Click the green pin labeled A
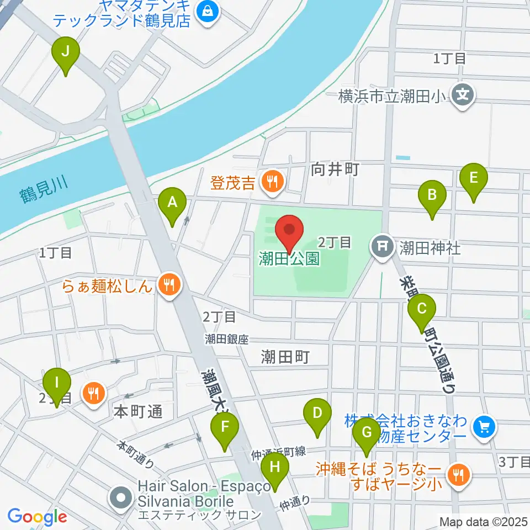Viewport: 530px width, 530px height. (x=172, y=204)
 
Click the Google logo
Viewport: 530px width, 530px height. (x=37, y=517)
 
